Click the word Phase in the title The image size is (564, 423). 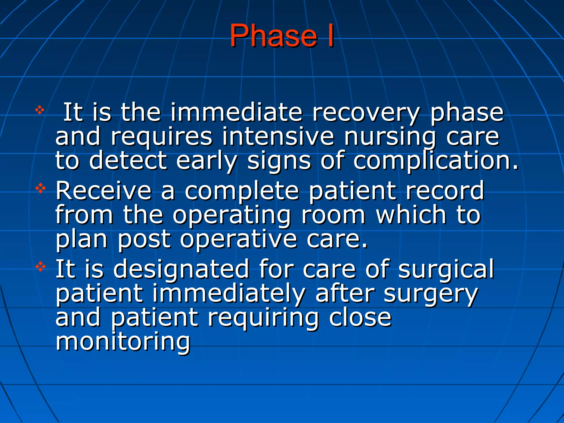pos(273,36)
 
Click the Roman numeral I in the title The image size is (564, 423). pos(330,36)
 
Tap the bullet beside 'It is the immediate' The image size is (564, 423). pos(40,110)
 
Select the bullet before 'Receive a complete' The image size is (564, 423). pos(40,189)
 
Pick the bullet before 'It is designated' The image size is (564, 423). pos(40,267)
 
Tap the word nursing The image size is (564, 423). pos(390,137)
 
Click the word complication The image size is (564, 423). pos(435,161)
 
